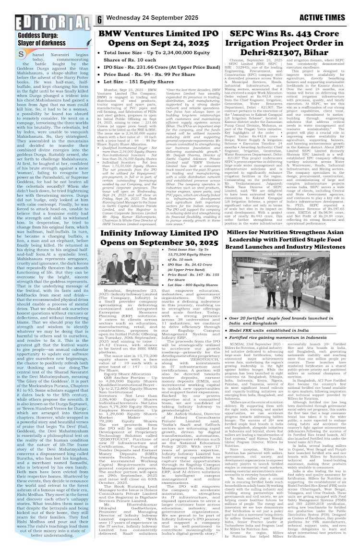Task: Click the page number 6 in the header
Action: tap(99, 20)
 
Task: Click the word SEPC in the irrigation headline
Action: tap(250, 35)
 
